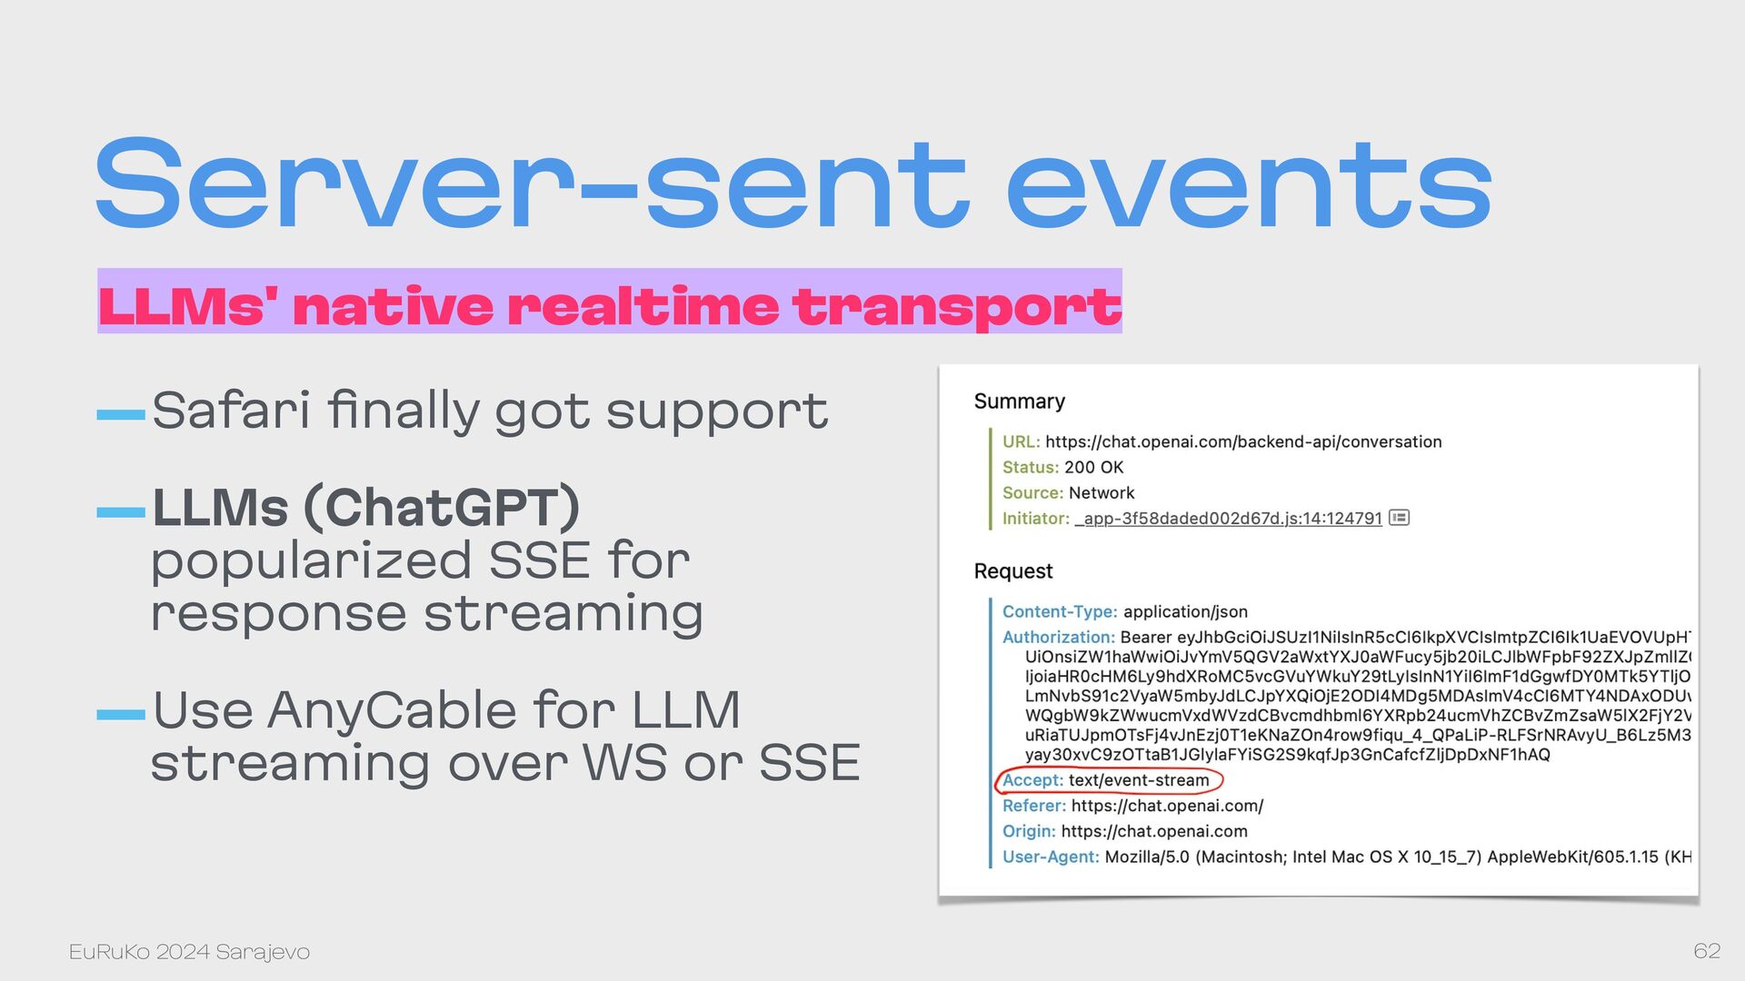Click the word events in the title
pyautogui.click(x=1250, y=183)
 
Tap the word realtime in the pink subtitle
pyautogui.click(x=643, y=306)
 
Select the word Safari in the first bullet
pyautogui.click(x=231, y=410)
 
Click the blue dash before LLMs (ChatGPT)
pyautogui.click(x=121, y=512)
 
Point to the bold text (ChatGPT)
pyautogui.click(x=442, y=508)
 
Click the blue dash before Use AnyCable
pyautogui.click(x=121, y=715)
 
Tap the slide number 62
pyautogui.click(x=1707, y=951)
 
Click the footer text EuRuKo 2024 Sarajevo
pyautogui.click(x=189, y=952)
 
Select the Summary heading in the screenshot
pyautogui.click(x=1019, y=401)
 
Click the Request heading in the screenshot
pyautogui.click(x=1012, y=571)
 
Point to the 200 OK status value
pyautogui.click(x=1093, y=468)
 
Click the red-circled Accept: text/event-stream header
pyautogui.click(x=1109, y=780)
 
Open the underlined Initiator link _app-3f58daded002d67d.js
pyautogui.click(x=1228, y=519)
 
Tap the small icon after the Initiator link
pyautogui.click(x=1399, y=518)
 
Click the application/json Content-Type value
pyautogui.click(x=1185, y=612)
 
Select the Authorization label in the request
pyautogui.click(x=1058, y=638)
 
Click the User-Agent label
pyautogui.click(x=1051, y=857)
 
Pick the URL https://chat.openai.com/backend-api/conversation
pyautogui.click(x=1243, y=442)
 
